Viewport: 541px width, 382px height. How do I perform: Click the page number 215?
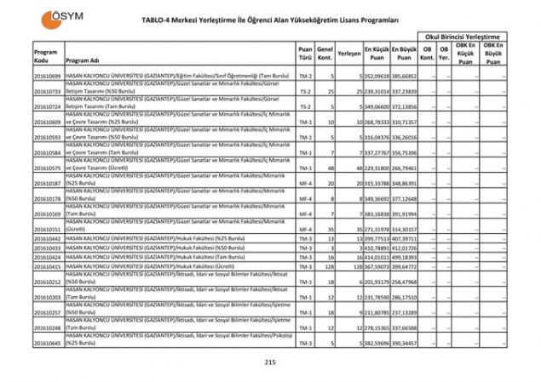(271, 362)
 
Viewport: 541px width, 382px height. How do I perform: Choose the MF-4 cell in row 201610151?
(305, 229)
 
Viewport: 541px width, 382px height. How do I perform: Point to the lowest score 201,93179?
(376, 282)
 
